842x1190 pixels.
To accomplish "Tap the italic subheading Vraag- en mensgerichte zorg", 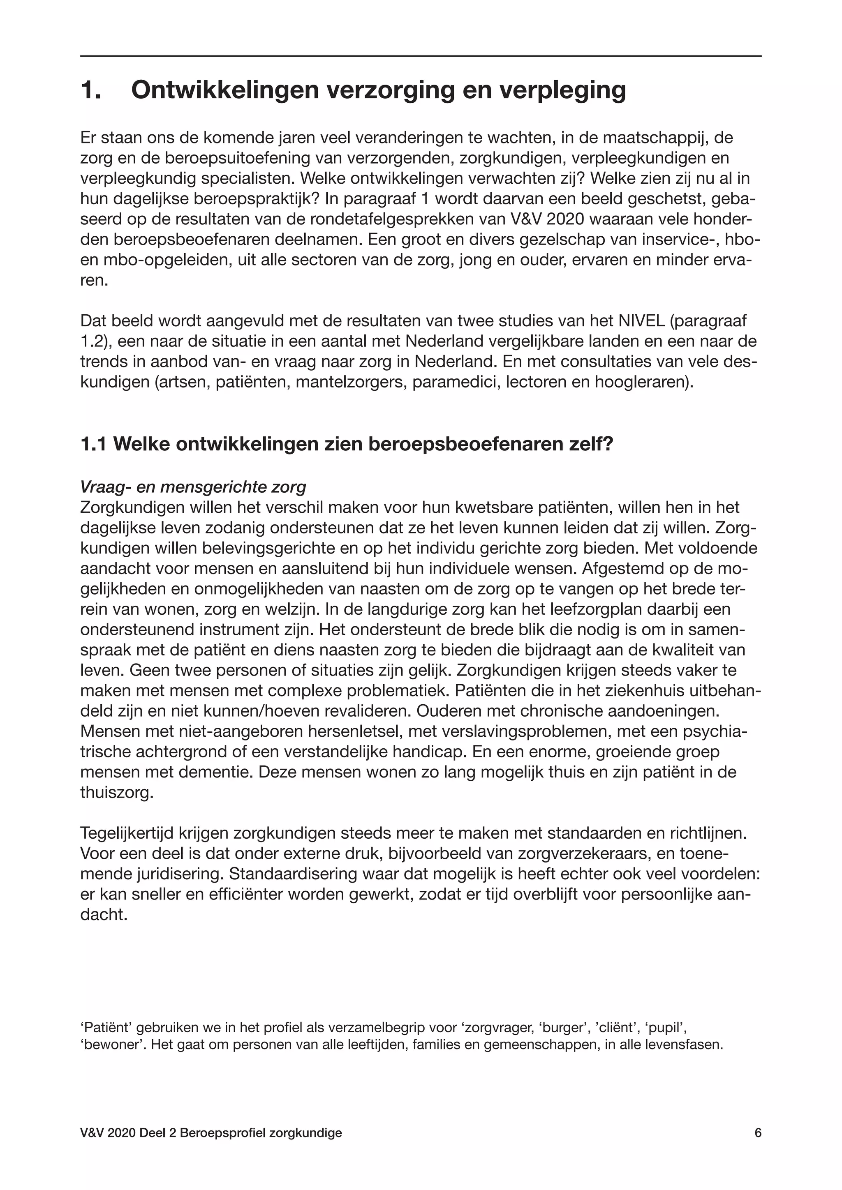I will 193,487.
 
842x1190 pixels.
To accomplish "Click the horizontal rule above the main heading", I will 421,56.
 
